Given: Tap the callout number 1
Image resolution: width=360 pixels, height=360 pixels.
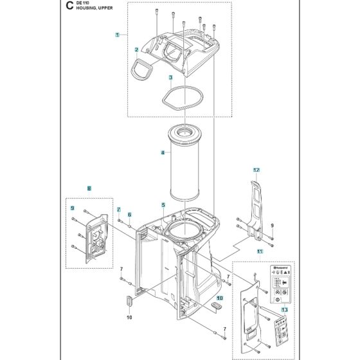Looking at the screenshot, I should [x=117, y=34].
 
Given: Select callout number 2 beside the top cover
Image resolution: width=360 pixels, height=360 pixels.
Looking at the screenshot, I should [x=136, y=50].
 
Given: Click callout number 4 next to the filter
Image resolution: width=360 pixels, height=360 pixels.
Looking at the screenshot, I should [x=163, y=153].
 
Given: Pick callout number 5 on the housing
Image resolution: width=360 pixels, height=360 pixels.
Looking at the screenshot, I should [x=163, y=205].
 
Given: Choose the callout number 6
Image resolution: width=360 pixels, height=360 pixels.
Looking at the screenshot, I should [x=129, y=215].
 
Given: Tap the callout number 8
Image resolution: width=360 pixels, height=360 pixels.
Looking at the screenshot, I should [x=89, y=188].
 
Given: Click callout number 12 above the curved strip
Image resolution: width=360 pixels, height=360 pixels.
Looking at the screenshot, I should [x=255, y=170].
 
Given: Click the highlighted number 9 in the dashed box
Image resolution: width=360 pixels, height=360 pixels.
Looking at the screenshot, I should [x=73, y=208].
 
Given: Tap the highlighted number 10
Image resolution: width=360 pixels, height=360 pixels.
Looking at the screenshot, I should [x=219, y=298].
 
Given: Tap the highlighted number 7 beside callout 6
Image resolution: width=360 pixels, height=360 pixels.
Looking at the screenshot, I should [x=119, y=210].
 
